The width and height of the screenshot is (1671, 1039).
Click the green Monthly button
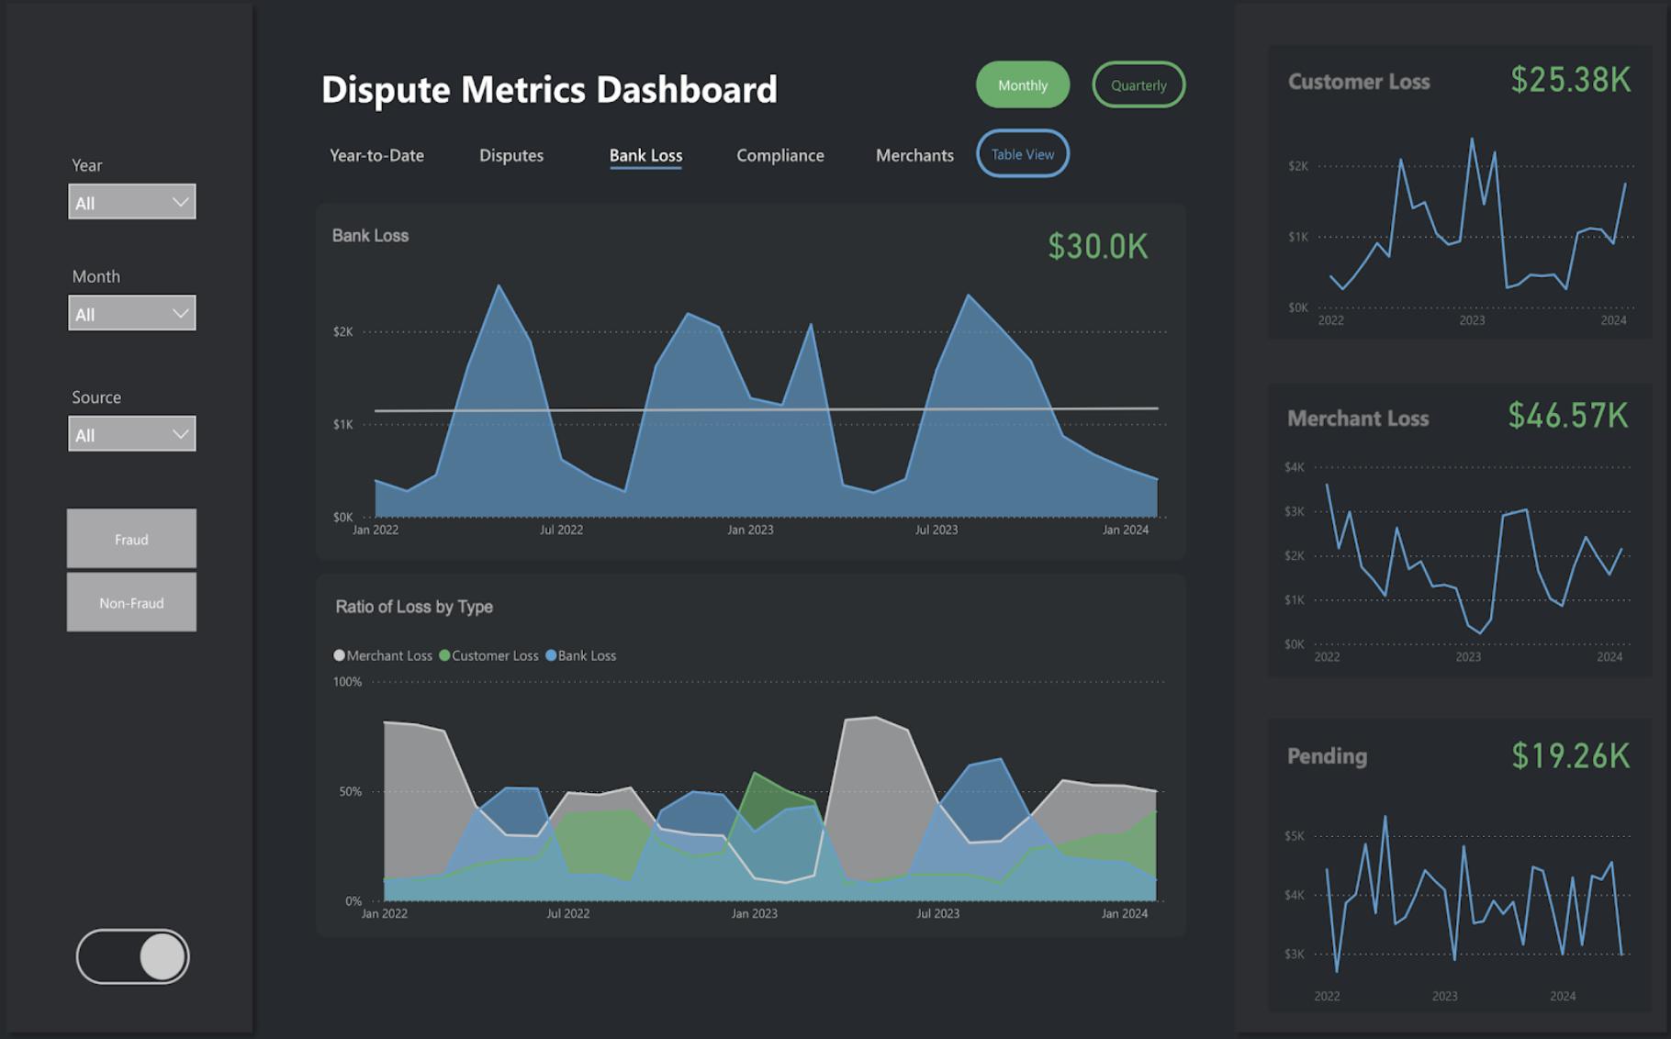coord(1022,85)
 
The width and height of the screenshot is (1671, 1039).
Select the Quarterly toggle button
coord(1138,85)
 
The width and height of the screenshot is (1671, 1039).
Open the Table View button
coord(1022,154)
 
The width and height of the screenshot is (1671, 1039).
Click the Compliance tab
coord(779,155)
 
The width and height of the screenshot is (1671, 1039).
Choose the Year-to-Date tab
coord(376,155)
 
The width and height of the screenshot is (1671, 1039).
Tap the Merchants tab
coord(914,155)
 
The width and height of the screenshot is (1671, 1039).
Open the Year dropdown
coord(132,202)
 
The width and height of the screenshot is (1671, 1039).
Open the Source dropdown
coord(132,434)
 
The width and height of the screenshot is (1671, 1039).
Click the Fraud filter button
coord(131,539)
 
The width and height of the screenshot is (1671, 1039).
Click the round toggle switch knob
coord(163,956)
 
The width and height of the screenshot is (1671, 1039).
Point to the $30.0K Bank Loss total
coord(1097,246)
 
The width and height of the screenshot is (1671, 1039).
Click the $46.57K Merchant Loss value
coord(1567,416)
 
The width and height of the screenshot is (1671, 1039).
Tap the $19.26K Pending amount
coord(1570,755)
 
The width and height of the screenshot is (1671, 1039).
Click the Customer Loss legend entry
coord(489,655)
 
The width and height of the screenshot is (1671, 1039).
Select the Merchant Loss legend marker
coord(340,655)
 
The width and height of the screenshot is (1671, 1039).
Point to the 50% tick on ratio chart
coord(350,791)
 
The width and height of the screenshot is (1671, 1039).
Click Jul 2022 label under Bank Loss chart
coord(561,530)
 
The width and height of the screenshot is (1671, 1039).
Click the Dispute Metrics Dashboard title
coord(549,89)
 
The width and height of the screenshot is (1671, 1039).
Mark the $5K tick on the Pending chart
coord(1294,836)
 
